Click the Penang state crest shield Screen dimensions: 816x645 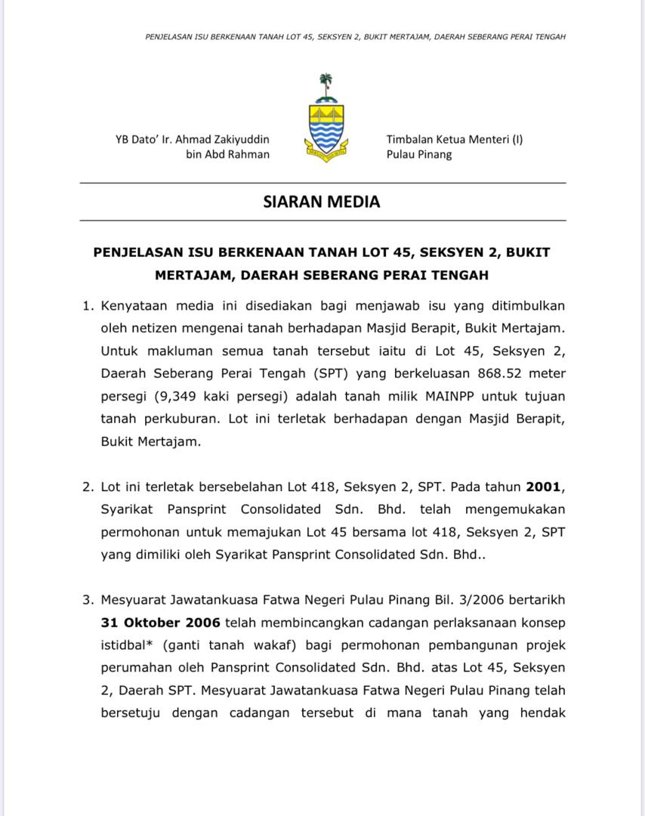pyautogui.click(x=326, y=128)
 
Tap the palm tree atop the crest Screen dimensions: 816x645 pyautogui.click(x=326, y=85)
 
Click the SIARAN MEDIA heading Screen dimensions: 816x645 pyautogui.click(x=322, y=202)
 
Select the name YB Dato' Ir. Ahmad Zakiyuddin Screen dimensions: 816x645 pyautogui.click(x=192, y=139)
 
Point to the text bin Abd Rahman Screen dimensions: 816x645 pyautogui.click(x=227, y=154)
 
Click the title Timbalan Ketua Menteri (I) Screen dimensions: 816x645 pyautogui.click(x=455, y=139)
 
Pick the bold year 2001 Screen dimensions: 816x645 pyautogui.click(x=544, y=487)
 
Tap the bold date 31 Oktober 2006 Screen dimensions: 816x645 pyautogui.click(x=160, y=623)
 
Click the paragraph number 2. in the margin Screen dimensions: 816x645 pyautogui.click(x=88, y=487)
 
